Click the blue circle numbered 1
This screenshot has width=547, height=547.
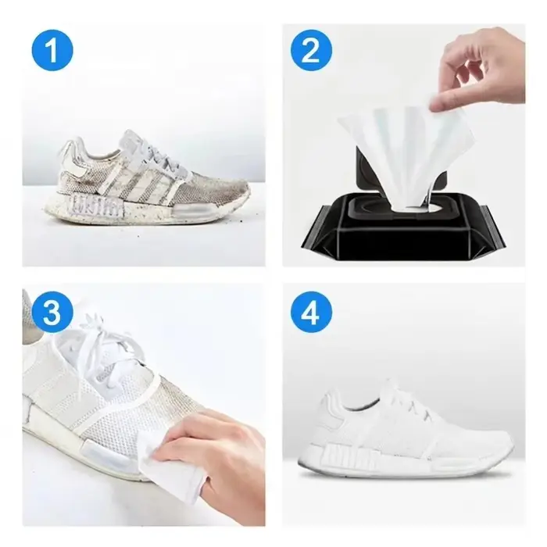(52, 51)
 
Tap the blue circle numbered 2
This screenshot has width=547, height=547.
(311, 52)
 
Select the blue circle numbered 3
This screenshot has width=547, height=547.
(52, 313)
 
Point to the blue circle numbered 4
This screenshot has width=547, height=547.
(311, 313)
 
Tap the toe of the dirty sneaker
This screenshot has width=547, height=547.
(231, 198)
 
